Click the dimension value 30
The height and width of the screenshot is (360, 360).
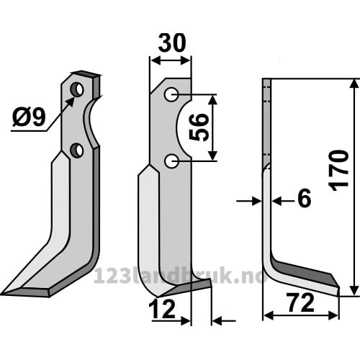172,43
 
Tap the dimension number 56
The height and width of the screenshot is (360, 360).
199,127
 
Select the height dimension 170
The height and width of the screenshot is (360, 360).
339,171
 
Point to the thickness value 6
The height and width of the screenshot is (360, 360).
304,198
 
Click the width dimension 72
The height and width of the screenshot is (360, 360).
301,303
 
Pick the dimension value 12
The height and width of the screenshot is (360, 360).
162,310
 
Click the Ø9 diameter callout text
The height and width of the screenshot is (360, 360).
29,117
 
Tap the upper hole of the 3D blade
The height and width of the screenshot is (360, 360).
77,90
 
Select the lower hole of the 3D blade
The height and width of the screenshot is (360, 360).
77,150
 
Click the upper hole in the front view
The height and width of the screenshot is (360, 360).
171,94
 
